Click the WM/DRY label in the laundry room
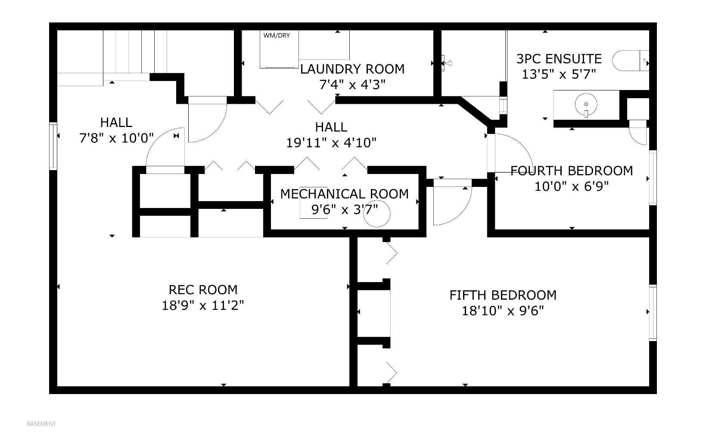277,36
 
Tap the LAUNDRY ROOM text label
352,69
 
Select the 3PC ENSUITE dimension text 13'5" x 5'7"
558,75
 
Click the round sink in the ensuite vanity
586,104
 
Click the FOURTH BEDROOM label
572,171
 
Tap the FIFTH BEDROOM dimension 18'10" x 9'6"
503,311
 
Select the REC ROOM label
203,289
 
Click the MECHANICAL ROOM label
344,194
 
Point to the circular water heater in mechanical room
377,214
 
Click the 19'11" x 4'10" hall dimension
331,143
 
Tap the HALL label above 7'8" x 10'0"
116,123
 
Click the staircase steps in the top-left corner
129,52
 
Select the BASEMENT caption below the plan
41,424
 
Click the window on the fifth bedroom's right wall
653,313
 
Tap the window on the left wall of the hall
53,146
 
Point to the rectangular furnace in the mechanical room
314,209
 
